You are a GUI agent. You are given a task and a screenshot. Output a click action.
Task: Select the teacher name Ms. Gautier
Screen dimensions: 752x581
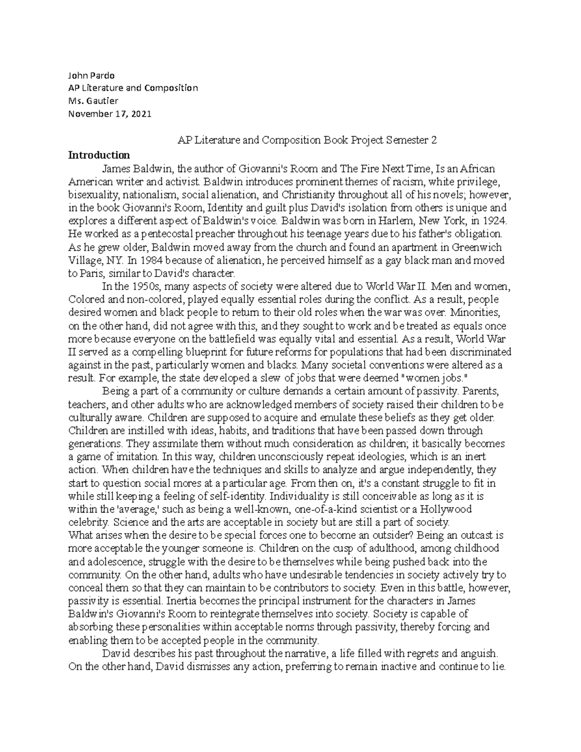[x=93, y=101]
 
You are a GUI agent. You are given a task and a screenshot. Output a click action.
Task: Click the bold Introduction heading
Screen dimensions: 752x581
[x=99, y=155]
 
